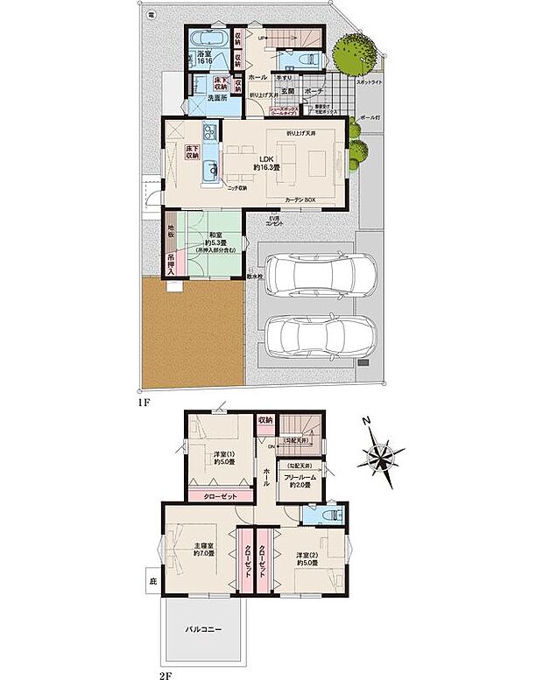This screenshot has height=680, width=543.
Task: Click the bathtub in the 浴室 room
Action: click(x=208, y=40)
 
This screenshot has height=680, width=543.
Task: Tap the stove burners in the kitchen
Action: click(x=209, y=133)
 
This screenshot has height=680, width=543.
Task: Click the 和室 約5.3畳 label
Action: click(x=214, y=238)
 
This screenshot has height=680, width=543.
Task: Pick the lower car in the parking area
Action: click(x=321, y=334)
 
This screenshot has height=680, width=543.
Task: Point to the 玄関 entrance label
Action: click(x=288, y=90)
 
